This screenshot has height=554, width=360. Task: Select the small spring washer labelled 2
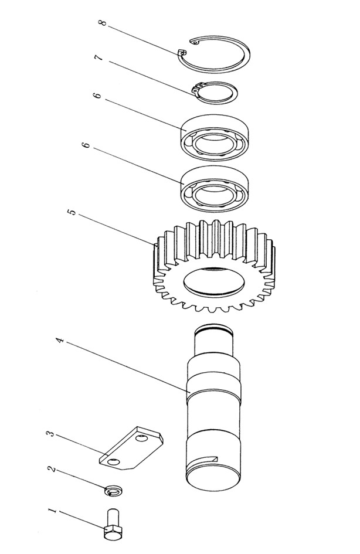point(111,490)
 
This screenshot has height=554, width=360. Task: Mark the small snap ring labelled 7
point(215,92)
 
